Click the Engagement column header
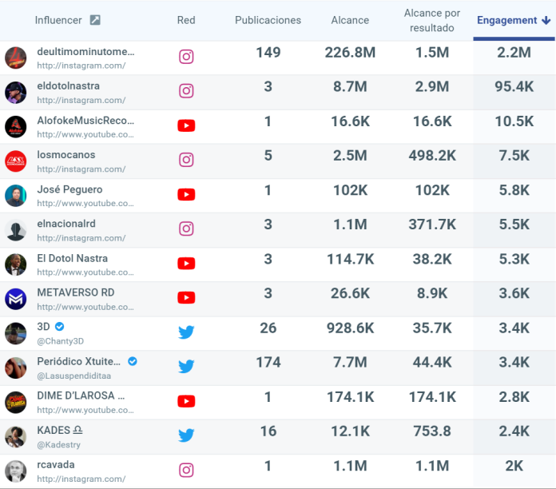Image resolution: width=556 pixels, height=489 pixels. point(513,20)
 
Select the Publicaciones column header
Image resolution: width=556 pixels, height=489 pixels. point(268,20)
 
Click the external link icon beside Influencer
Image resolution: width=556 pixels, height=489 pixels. point(95,20)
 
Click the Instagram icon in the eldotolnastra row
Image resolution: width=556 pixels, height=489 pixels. point(186,91)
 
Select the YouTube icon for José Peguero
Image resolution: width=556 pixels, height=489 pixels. point(186,194)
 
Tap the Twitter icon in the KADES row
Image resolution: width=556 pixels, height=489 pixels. point(186,435)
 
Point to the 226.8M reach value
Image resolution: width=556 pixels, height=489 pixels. point(350,53)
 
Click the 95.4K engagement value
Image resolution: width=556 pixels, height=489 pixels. point(514,87)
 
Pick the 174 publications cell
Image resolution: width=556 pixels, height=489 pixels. point(268,362)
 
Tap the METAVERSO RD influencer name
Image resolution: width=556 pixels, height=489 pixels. point(76,292)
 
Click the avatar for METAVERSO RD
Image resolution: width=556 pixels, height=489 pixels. point(16,299)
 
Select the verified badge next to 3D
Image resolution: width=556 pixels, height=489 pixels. point(60,327)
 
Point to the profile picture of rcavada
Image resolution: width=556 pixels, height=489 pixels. point(16,471)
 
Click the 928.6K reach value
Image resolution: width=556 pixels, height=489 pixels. point(350,328)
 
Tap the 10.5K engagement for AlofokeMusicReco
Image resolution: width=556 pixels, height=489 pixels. point(514,121)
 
